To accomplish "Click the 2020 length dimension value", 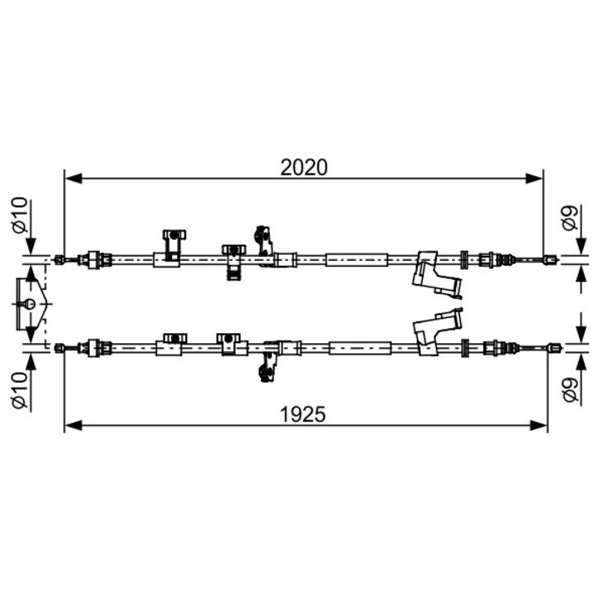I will [304, 167].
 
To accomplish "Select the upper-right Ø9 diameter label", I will [570, 218].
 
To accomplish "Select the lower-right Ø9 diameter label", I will [570, 389].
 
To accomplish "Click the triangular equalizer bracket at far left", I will [28, 303].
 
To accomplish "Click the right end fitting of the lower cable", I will [551, 348].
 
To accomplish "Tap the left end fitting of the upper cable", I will [60, 259].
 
